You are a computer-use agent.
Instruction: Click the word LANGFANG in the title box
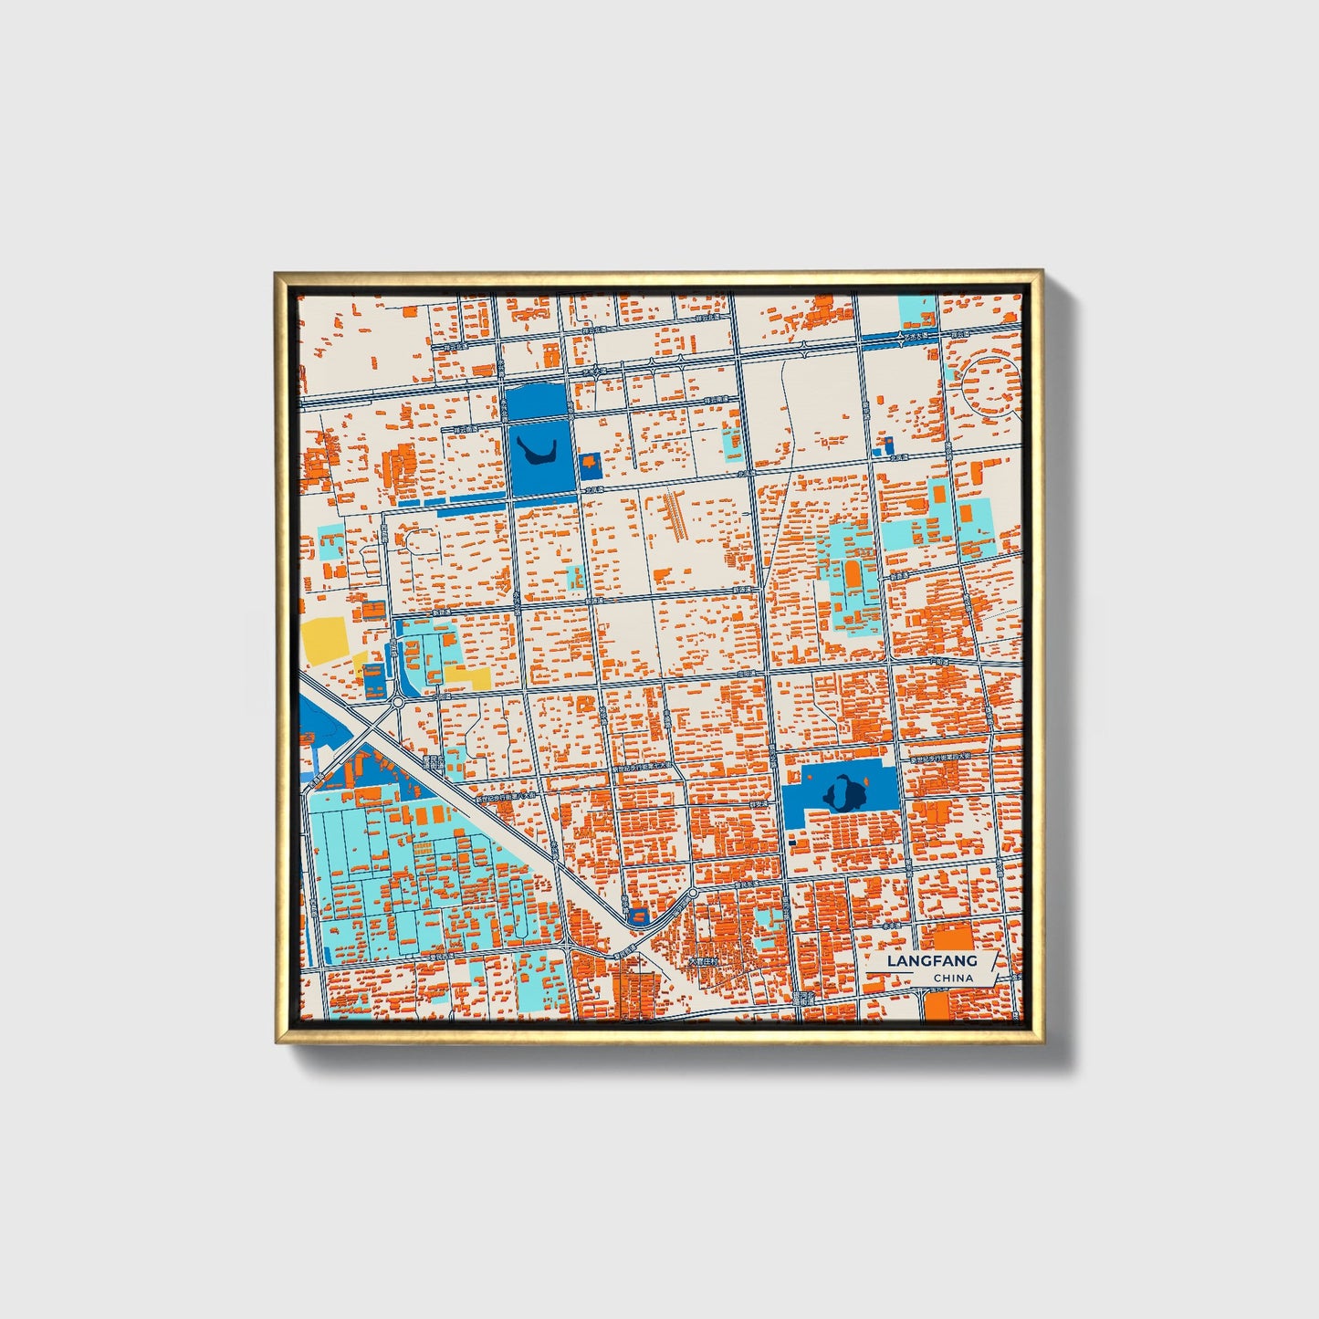point(931,960)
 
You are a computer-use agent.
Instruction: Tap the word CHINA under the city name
point(953,978)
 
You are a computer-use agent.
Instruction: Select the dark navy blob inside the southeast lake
point(843,792)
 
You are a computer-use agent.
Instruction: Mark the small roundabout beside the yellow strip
point(398,702)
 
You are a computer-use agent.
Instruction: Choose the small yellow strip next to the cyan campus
point(467,676)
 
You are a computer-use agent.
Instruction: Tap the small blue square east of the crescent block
point(590,466)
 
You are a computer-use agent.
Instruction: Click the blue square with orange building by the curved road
point(638,914)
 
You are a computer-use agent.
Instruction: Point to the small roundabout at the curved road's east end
point(693,892)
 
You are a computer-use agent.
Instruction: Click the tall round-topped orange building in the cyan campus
point(853,575)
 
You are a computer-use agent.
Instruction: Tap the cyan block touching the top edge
point(917,310)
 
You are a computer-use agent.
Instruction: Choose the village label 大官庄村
point(704,961)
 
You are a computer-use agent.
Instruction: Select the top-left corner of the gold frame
point(277,273)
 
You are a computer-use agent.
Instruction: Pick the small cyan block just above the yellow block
point(330,544)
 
